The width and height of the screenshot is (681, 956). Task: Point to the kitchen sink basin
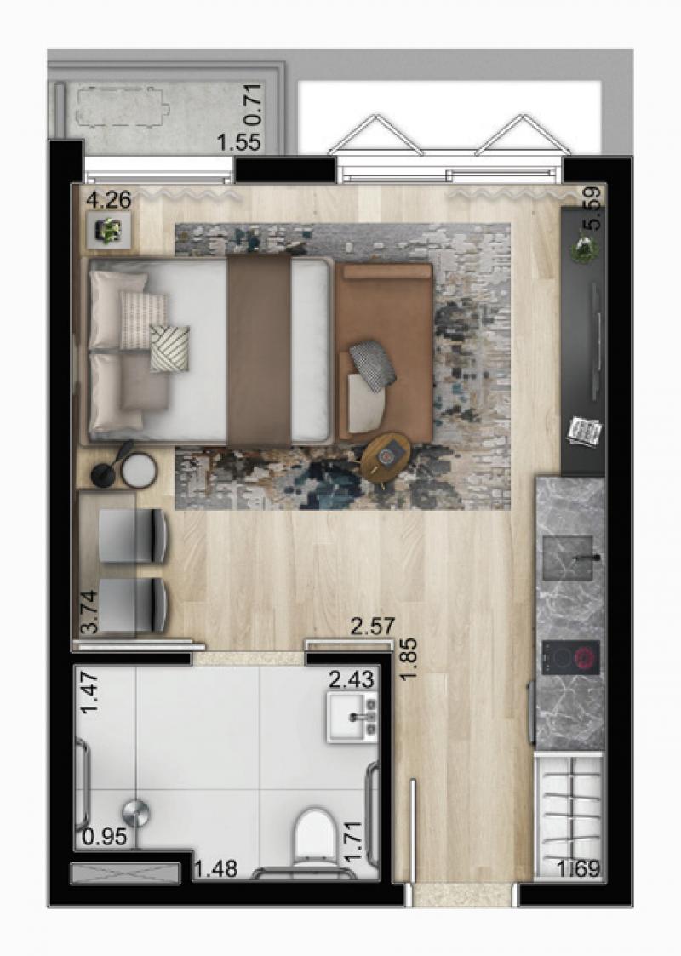568,557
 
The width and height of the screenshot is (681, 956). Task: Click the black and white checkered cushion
373,364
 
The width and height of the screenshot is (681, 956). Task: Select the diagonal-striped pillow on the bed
169,348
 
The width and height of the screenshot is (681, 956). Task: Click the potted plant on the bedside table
109,231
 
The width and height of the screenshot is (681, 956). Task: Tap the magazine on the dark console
585,432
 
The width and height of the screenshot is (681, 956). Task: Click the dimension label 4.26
108,200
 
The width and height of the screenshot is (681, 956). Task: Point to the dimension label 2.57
373,626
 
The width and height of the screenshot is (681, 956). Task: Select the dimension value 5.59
592,208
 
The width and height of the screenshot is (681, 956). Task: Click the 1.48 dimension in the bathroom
215,868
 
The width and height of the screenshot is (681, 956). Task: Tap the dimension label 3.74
89,611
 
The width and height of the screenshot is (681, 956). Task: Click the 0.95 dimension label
104,837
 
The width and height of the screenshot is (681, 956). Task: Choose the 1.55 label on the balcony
239,142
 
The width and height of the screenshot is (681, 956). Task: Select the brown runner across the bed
259,351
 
